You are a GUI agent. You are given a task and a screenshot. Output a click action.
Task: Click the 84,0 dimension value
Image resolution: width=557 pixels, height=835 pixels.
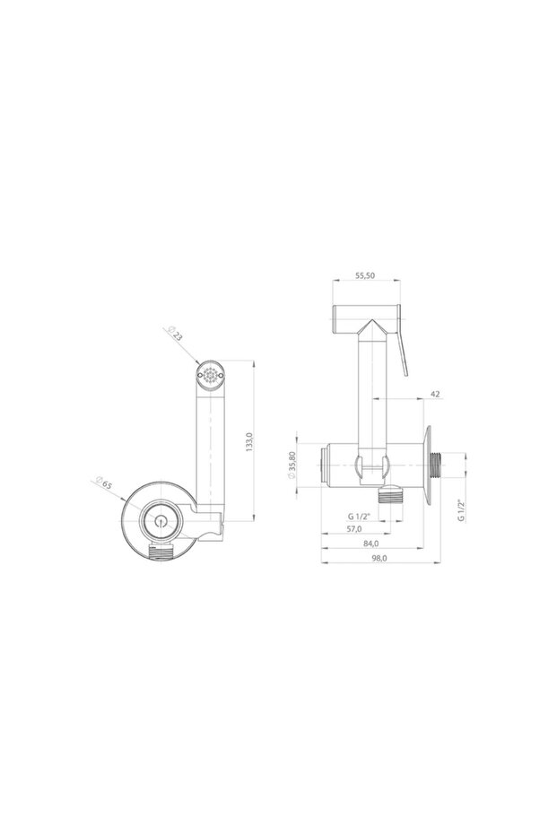[x=370, y=544]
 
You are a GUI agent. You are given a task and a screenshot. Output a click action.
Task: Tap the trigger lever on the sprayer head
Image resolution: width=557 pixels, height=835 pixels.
[x=403, y=349]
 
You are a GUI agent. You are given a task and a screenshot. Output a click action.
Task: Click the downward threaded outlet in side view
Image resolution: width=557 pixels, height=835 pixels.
[x=389, y=495]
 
